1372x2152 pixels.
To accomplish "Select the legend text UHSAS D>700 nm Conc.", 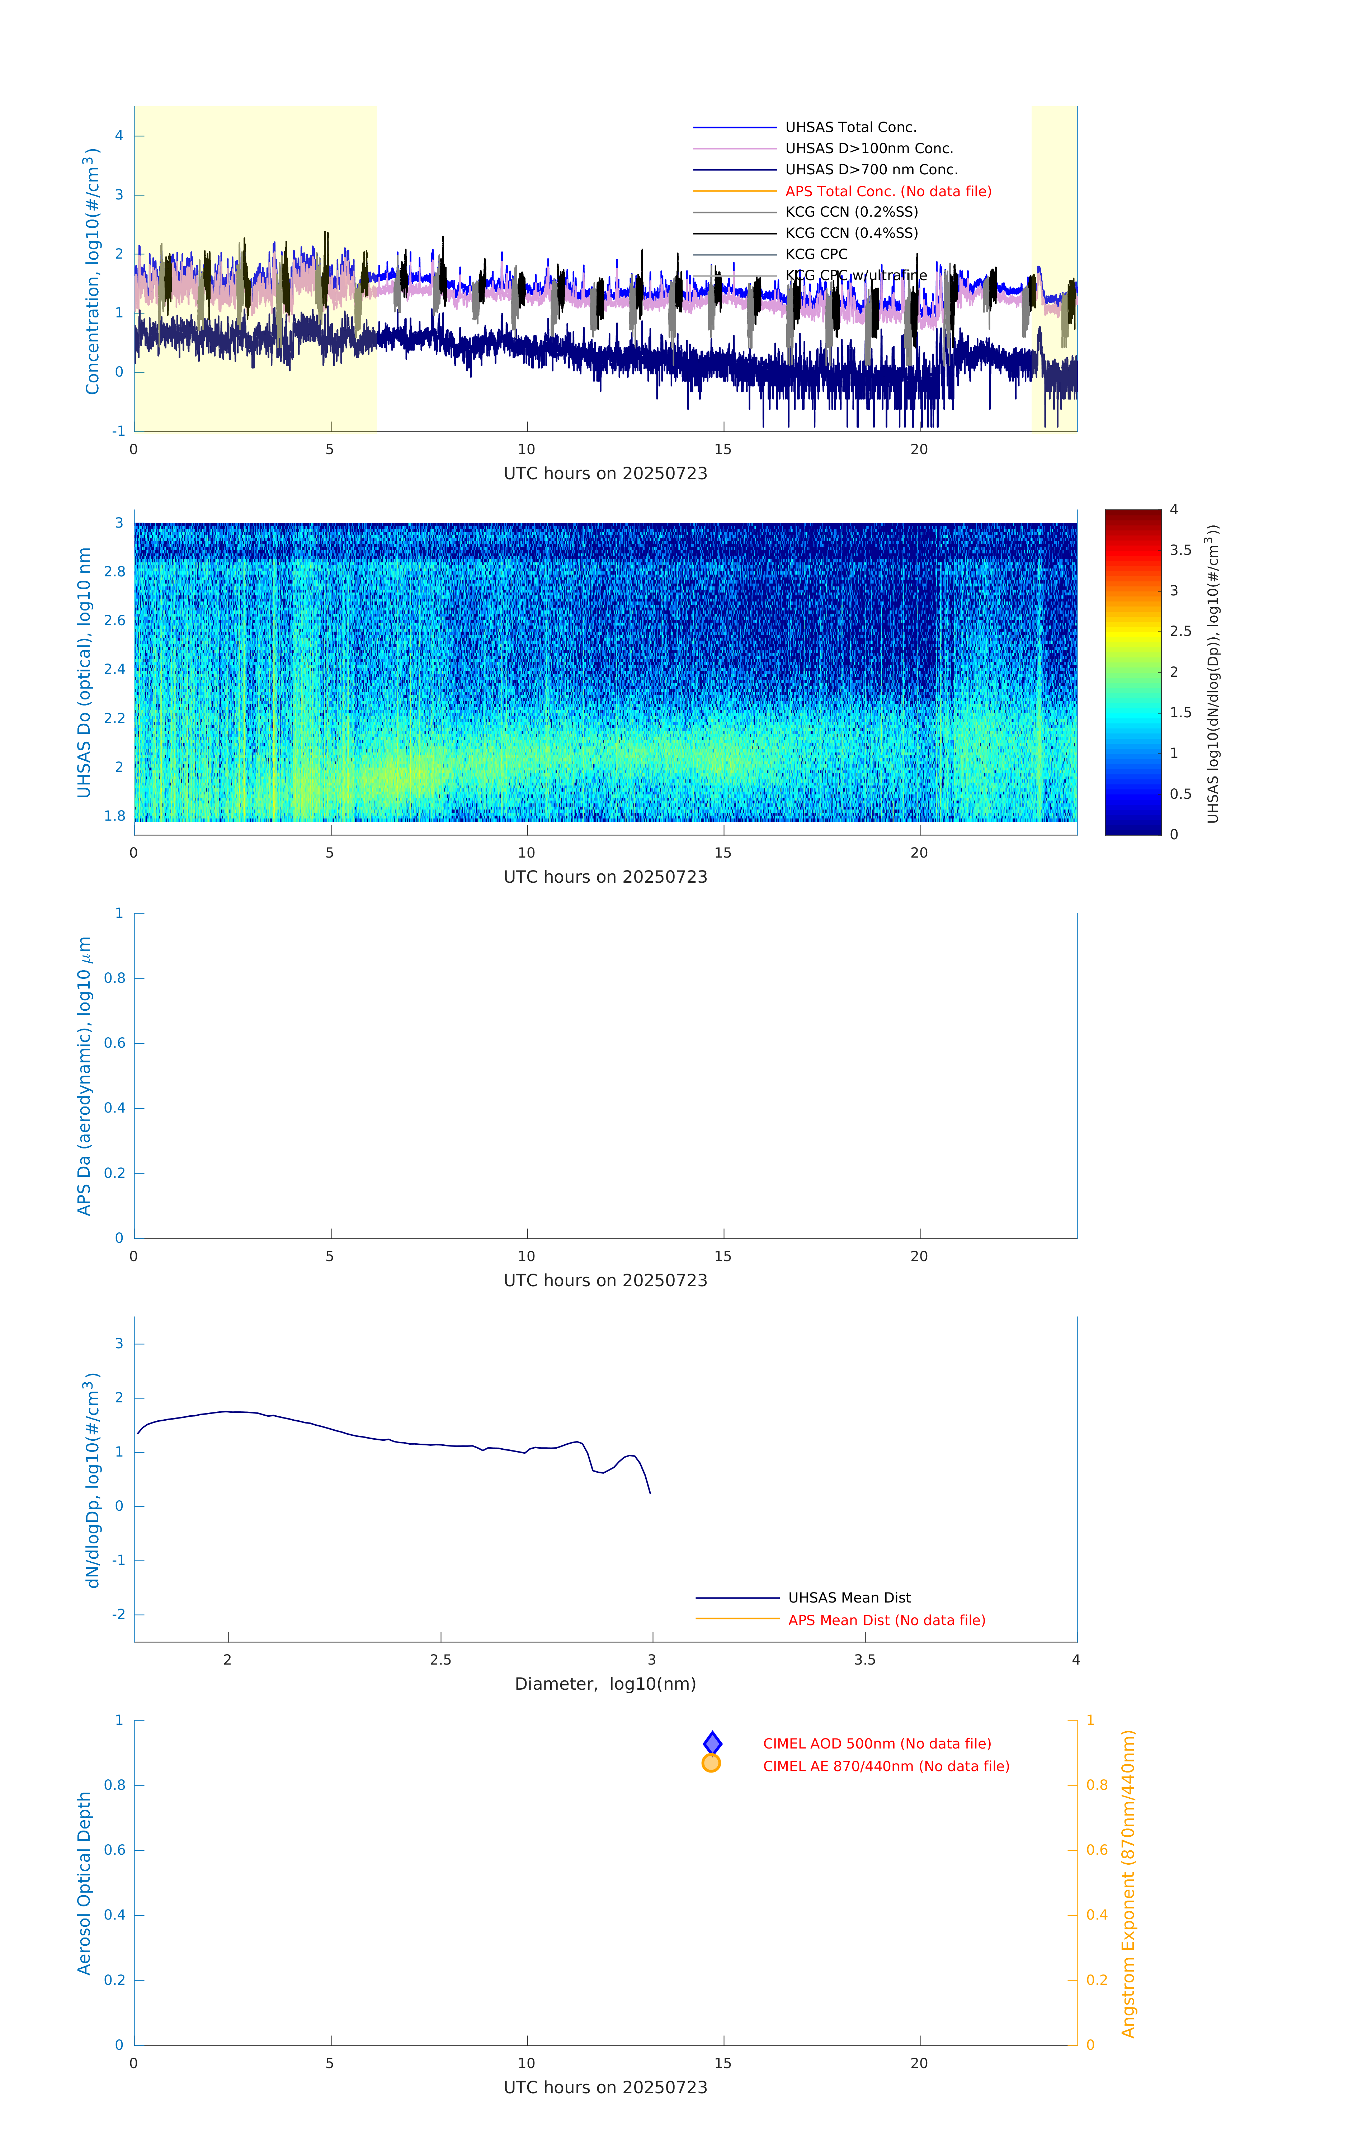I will click(x=871, y=170).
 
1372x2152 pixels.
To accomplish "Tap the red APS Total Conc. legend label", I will click(x=887, y=191).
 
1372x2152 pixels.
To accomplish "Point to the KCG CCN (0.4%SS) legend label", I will click(x=851, y=233).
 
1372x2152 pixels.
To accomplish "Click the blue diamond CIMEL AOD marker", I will click(x=712, y=1743).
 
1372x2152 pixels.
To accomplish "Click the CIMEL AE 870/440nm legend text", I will click(x=886, y=1766).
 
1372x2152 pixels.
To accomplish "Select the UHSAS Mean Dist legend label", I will click(x=849, y=1597).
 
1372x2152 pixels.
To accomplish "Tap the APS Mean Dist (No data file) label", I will click(x=886, y=1620).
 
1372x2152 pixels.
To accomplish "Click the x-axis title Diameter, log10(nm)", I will click(x=605, y=1684).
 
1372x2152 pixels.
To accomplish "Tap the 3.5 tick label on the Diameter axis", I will click(x=864, y=1660).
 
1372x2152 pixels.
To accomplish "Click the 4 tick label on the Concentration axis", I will click(x=119, y=136).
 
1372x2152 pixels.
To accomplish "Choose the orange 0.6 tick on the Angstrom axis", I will click(x=1097, y=1850).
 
